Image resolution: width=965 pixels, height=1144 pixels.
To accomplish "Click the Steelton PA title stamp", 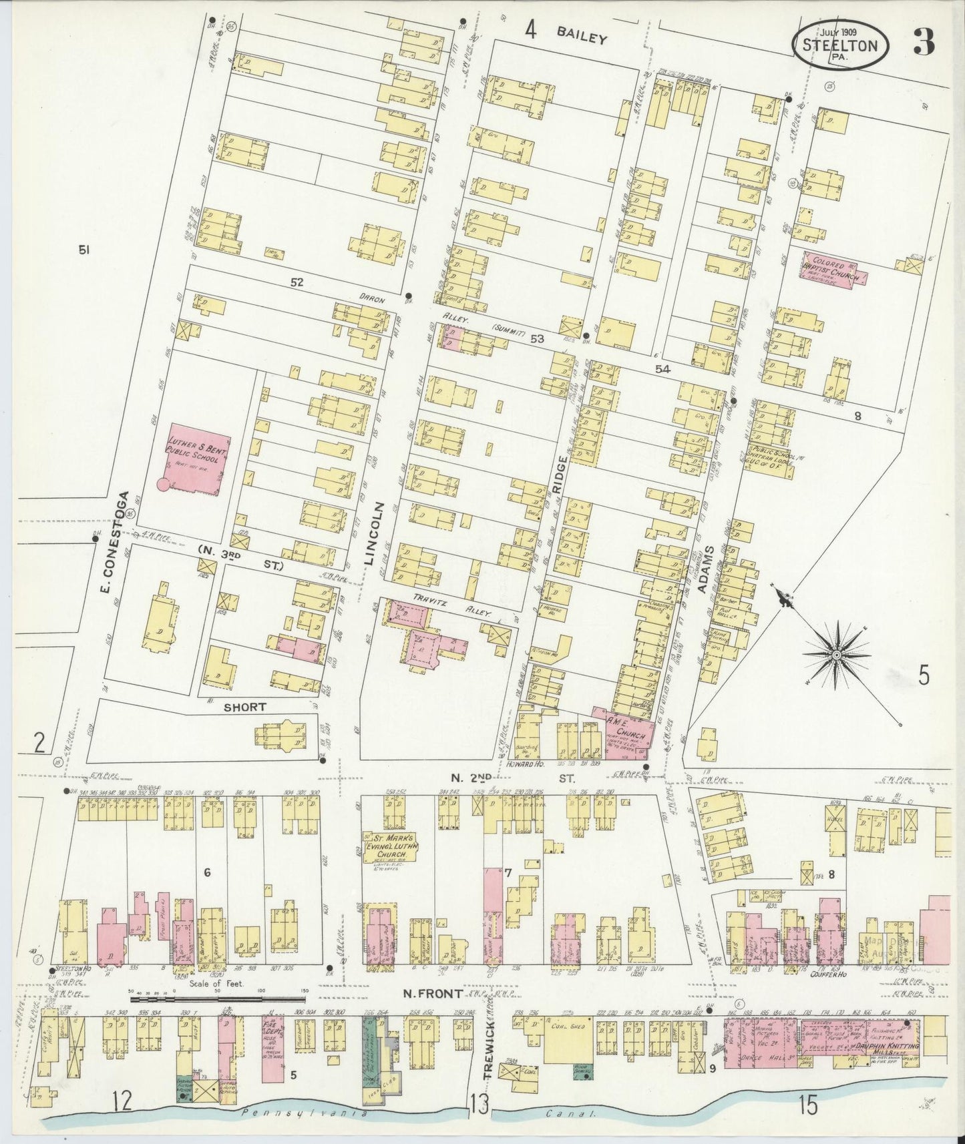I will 840,45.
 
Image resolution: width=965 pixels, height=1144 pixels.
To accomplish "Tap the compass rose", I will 835,655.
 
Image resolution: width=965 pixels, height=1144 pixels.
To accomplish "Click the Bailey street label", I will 583,38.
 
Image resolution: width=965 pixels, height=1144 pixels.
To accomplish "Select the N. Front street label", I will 433,994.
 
